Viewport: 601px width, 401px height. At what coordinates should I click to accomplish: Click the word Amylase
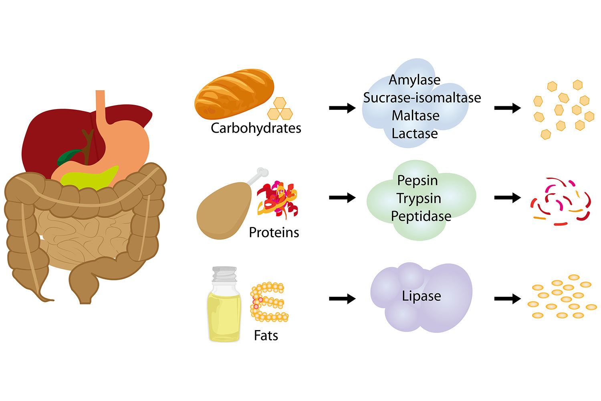(x=415, y=80)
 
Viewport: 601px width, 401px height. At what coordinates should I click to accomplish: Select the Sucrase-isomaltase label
(x=422, y=97)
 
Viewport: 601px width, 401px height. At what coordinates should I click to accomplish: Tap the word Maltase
(x=415, y=115)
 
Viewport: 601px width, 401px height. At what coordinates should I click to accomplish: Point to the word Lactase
(x=415, y=133)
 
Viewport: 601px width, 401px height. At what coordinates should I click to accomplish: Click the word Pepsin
(x=417, y=180)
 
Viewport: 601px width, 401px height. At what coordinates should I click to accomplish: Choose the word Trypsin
(x=419, y=198)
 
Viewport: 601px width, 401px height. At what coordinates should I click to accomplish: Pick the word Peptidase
(x=421, y=216)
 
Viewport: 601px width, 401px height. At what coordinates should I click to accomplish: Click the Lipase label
(x=422, y=296)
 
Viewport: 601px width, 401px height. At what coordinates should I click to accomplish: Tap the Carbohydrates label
(x=256, y=128)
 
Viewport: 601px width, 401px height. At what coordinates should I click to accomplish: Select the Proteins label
(x=274, y=232)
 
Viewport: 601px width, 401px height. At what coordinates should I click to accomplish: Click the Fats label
(x=266, y=335)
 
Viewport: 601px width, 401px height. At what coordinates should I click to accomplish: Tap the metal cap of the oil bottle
(x=224, y=274)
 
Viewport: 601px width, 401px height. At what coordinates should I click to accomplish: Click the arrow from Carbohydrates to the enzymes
(x=342, y=108)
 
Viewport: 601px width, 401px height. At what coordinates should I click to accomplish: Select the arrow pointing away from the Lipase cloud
(x=507, y=299)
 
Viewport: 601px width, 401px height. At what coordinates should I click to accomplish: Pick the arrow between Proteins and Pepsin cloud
(x=342, y=198)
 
